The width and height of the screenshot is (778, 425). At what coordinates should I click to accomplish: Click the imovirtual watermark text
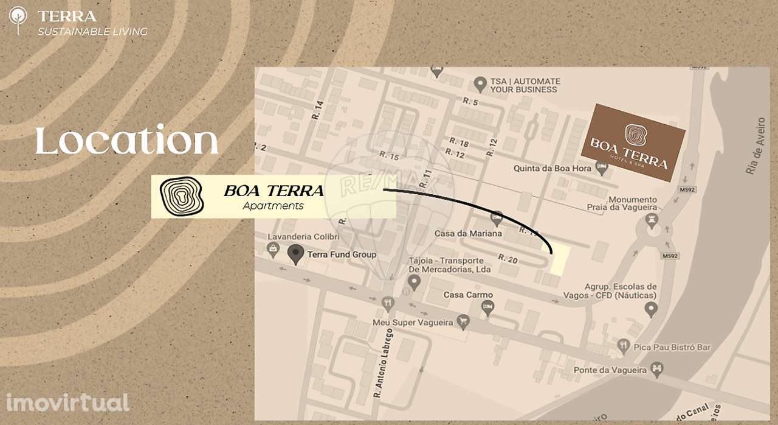tap(67, 402)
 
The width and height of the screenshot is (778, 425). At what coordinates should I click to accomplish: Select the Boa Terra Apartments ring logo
tap(181, 197)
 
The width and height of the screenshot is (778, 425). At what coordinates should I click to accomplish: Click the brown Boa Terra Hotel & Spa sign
tap(633, 142)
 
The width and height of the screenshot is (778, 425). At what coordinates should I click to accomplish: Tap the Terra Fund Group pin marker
tap(295, 254)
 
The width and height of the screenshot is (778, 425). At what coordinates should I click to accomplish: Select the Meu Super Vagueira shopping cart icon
tap(464, 321)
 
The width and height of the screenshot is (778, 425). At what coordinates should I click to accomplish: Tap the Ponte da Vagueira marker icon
tap(656, 369)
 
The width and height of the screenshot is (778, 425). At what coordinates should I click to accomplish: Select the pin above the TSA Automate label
tap(480, 82)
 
